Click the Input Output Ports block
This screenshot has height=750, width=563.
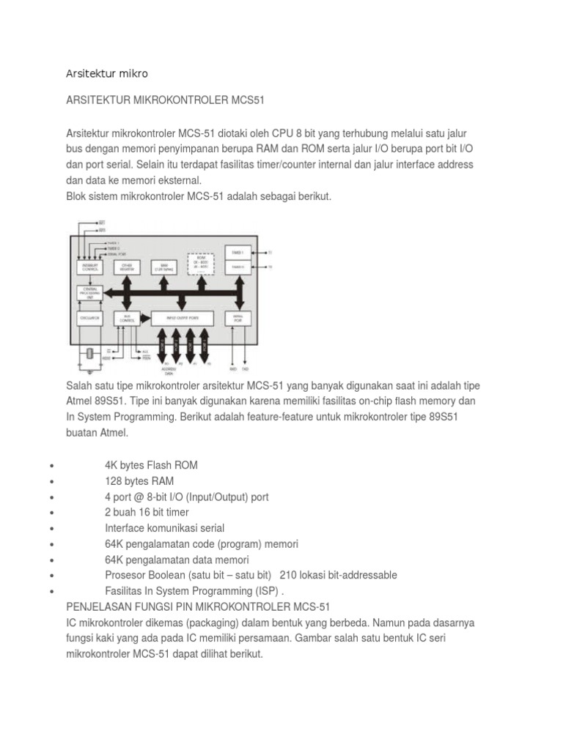[182, 318]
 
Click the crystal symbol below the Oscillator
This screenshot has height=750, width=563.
[88, 353]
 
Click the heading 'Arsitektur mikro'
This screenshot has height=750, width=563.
[107, 73]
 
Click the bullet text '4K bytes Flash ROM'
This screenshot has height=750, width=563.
[151, 465]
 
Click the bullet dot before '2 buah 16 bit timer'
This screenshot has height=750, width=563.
[48, 513]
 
